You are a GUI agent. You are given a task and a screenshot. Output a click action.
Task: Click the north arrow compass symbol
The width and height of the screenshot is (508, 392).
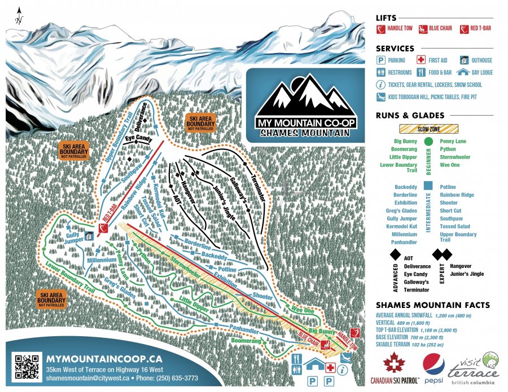(19, 16)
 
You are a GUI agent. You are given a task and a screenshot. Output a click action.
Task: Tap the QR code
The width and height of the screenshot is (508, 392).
(27, 366)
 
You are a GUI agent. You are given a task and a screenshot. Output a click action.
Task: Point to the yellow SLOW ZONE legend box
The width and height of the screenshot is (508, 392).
(428, 129)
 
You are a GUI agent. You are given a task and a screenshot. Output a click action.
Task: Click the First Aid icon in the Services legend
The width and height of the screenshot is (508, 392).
(421, 60)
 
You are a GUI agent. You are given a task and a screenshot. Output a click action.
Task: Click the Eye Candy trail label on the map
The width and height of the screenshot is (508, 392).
(138, 136)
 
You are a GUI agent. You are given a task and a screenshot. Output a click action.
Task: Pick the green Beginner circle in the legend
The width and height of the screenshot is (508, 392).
(428, 140)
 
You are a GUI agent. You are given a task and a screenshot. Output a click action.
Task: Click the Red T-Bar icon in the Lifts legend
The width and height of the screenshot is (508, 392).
(465, 28)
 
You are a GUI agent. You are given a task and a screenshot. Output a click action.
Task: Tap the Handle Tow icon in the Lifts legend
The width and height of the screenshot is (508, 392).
(382, 28)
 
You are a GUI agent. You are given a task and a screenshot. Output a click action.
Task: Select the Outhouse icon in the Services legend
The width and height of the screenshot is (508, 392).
(464, 60)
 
